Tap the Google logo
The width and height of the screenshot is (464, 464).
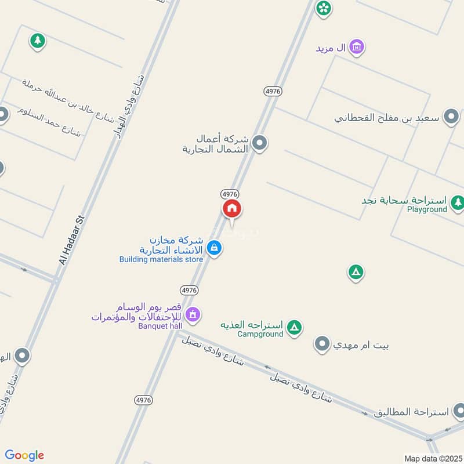[x=24, y=455]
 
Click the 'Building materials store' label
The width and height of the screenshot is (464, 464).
[x=161, y=259]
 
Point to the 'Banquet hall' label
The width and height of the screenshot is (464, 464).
[x=160, y=325]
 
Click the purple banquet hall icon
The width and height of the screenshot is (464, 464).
[x=193, y=314]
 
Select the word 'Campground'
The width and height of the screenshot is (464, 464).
[x=260, y=333]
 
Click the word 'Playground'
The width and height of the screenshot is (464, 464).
[x=426, y=209]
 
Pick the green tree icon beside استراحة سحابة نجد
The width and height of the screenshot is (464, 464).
[x=458, y=201]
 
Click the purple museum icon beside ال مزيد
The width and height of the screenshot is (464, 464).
[x=357, y=46]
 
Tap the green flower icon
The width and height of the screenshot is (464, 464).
[x=323, y=8]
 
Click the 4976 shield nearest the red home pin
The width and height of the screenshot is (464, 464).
[x=230, y=193]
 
